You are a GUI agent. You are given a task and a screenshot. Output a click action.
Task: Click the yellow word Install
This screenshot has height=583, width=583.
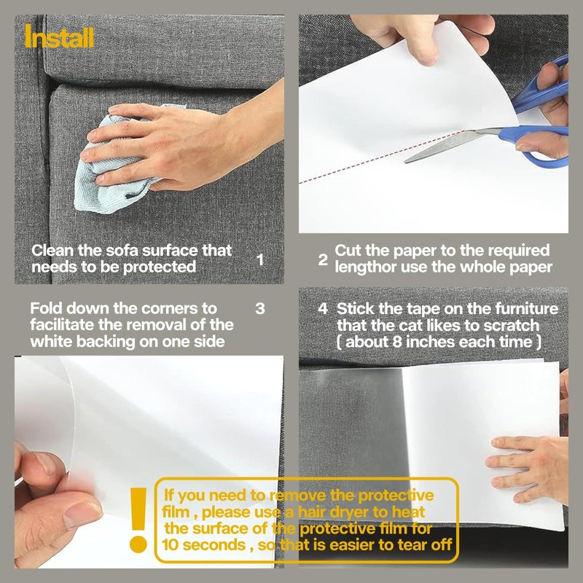(60, 36)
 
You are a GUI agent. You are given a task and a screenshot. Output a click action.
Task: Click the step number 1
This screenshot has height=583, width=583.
(261, 259)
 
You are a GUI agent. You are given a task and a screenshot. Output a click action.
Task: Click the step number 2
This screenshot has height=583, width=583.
(323, 259)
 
